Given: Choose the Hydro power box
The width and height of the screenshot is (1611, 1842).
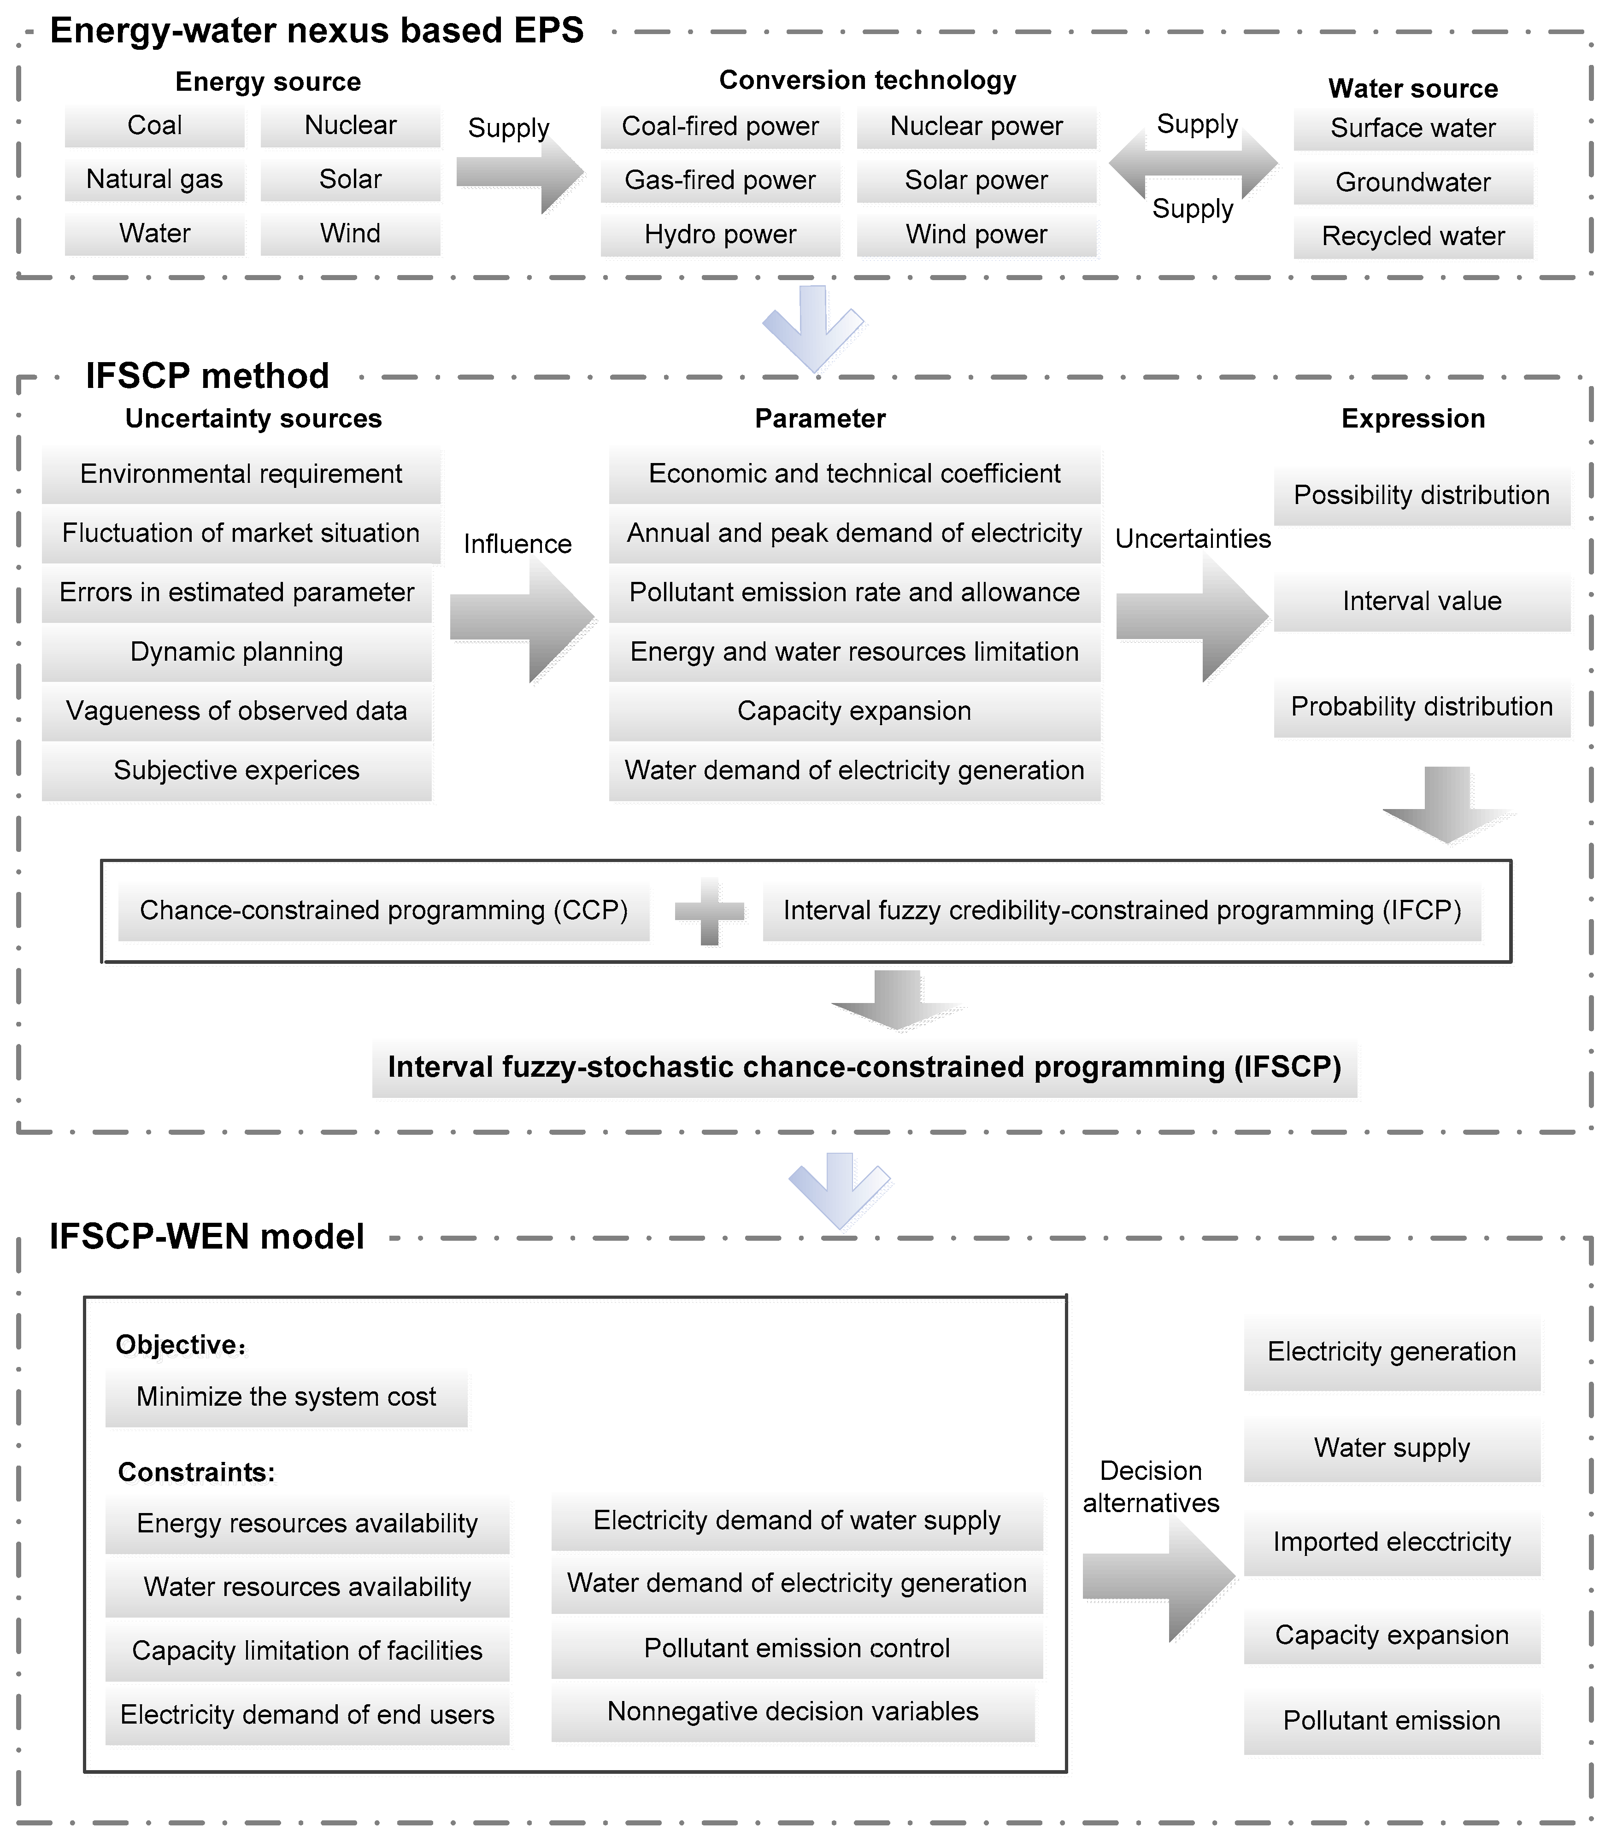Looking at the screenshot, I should pyautogui.click(x=720, y=235).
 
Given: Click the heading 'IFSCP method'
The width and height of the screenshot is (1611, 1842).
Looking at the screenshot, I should pyautogui.click(x=207, y=376).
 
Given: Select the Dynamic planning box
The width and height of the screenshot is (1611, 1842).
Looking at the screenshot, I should pyautogui.click(x=236, y=652).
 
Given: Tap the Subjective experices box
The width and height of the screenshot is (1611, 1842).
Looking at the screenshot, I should pyautogui.click(x=236, y=770).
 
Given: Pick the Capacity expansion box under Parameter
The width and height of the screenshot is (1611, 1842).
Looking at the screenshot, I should pyautogui.click(x=854, y=711).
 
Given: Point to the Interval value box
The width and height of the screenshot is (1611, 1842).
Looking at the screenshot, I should pyautogui.click(x=1421, y=600).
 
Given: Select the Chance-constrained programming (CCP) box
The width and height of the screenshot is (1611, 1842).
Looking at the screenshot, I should pyautogui.click(x=384, y=911).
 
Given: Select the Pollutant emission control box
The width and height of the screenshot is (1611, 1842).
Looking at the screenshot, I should pyautogui.click(x=796, y=1648).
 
